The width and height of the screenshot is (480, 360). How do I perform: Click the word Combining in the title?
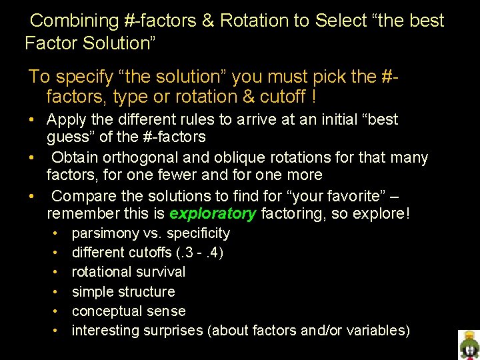click(75, 21)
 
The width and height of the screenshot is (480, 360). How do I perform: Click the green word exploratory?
click(213, 214)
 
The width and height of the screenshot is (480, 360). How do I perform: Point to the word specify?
click(83, 77)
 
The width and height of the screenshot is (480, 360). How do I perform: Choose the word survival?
click(161, 272)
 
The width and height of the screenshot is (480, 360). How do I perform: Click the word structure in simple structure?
click(146, 291)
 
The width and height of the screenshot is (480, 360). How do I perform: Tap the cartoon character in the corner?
click(469, 344)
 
